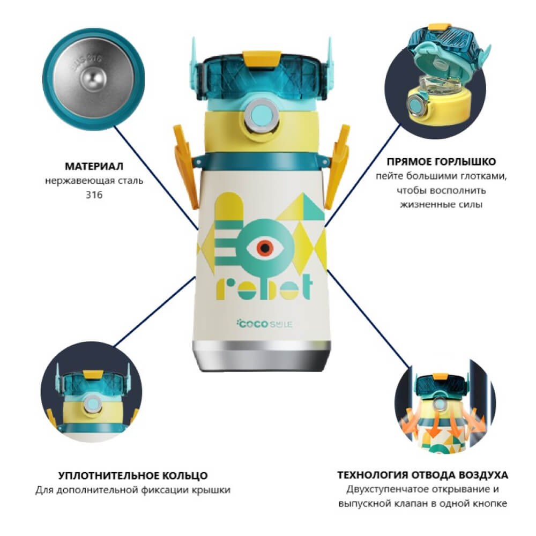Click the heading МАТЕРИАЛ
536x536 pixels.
tap(94, 167)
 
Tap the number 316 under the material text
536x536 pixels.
tap(94, 195)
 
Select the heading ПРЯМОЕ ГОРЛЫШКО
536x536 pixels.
tap(441, 161)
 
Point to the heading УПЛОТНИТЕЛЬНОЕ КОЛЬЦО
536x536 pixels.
tap(133, 475)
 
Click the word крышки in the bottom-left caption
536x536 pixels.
tap(211, 490)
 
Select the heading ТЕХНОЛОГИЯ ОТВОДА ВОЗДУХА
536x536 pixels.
tap(422, 475)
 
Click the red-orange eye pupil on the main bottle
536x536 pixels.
tap(265, 248)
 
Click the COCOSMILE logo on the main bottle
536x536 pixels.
tap(264, 323)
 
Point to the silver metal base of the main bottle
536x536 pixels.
tap(262, 356)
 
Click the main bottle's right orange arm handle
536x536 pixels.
tap(338, 165)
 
